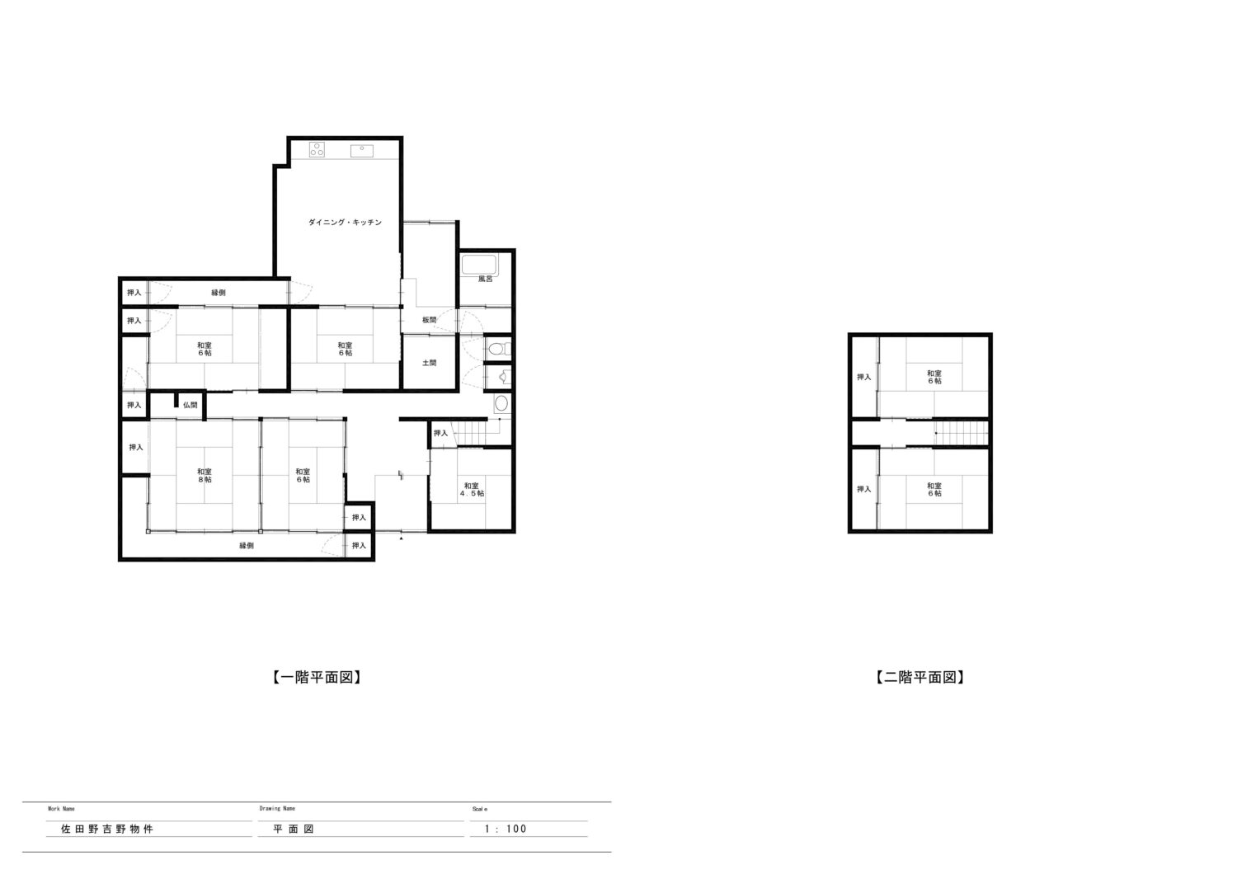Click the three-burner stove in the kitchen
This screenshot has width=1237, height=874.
pyautogui.click(x=317, y=149)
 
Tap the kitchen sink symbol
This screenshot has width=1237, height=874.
pyautogui.click(x=362, y=151)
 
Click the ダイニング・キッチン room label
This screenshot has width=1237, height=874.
pyautogui.click(x=345, y=223)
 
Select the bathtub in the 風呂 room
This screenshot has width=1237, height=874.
pyautogui.click(x=480, y=265)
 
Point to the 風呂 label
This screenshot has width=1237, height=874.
pyautogui.click(x=486, y=280)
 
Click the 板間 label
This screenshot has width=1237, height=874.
pyautogui.click(x=429, y=320)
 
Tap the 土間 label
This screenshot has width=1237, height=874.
pyautogui.click(x=429, y=363)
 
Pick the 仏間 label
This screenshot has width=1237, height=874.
pyautogui.click(x=190, y=405)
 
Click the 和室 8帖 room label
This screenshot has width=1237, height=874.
pyautogui.click(x=205, y=476)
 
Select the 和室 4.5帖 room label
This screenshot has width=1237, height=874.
pyautogui.click(x=472, y=490)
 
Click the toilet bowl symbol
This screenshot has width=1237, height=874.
pyautogui.click(x=497, y=349)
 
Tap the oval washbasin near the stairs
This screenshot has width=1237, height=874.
pyautogui.click(x=501, y=403)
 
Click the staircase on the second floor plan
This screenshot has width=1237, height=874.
pyautogui.click(x=961, y=433)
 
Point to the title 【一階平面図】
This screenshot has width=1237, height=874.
pyautogui.click(x=317, y=678)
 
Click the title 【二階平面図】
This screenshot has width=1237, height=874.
pyautogui.click(x=920, y=678)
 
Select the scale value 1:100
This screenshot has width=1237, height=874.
pyautogui.click(x=506, y=829)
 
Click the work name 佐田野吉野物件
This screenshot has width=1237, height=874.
pyautogui.click(x=107, y=829)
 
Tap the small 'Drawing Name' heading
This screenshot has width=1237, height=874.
pyautogui.click(x=277, y=808)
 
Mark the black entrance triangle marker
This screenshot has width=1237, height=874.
pyautogui.click(x=401, y=538)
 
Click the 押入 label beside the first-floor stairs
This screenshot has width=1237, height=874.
pyautogui.click(x=440, y=434)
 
